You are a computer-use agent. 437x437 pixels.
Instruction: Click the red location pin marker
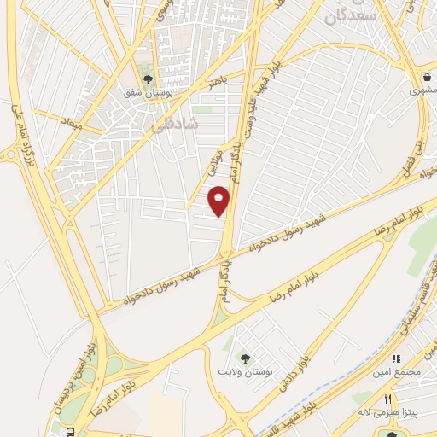(219, 202)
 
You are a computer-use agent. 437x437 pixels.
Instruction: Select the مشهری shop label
(422, 90)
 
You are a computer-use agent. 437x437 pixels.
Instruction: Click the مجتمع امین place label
(391, 373)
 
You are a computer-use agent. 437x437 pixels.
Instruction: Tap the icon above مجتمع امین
(395, 359)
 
